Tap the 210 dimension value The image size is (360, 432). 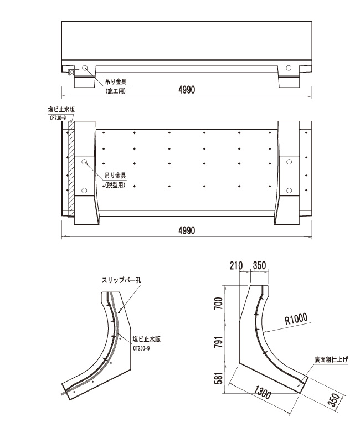[236, 266]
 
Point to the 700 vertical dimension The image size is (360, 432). [219, 303]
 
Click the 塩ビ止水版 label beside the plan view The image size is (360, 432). [62, 110]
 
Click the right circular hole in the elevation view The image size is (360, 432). [288, 68]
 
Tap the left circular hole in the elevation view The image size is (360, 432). [85, 69]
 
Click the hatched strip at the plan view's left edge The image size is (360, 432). [70, 172]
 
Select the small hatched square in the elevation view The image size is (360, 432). [70, 71]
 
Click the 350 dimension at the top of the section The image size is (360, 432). [258, 266]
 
